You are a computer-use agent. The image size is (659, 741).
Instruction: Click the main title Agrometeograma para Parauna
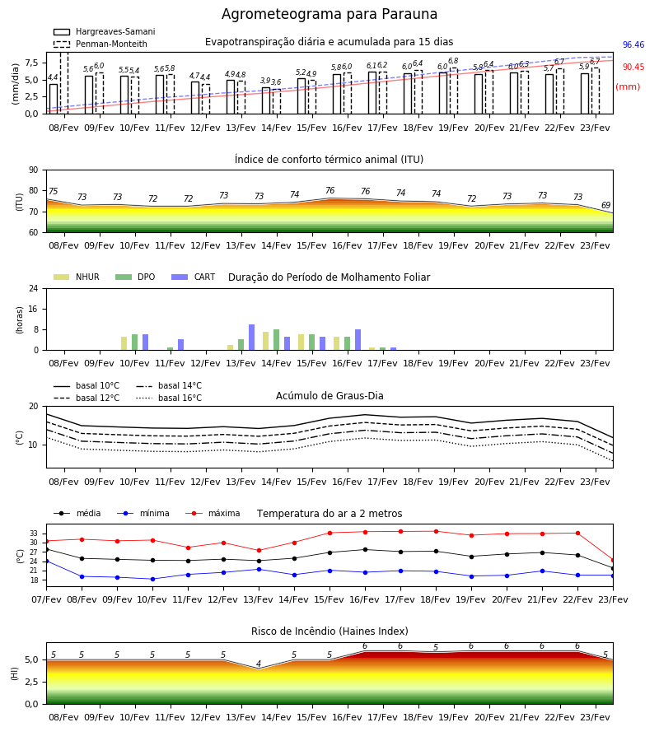(x=329, y=14)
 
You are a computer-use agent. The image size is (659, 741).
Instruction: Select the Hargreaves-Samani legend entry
(x=104, y=31)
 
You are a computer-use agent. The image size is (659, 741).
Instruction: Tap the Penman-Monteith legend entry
(x=100, y=44)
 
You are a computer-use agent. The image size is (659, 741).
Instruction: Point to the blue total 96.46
(x=633, y=45)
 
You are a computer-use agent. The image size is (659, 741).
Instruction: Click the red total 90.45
(x=633, y=68)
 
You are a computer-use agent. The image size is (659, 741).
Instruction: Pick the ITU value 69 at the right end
(x=606, y=205)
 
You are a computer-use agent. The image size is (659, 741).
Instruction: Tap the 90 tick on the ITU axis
(x=34, y=170)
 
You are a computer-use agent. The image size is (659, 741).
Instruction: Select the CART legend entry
(x=193, y=277)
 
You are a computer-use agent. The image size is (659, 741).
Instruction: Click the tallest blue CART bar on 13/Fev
(x=251, y=338)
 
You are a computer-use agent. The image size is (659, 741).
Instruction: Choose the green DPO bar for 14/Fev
(x=276, y=340)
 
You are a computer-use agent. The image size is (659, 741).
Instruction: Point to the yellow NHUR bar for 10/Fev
(x=124, y=343)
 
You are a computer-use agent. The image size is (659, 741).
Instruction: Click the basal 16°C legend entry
(x=169, y=398)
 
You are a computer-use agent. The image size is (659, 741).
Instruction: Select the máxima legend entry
(x=213, y=513)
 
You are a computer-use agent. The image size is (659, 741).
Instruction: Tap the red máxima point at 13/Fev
(x=259, y=551)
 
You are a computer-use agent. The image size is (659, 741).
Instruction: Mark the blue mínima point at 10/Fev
(x=152, y=579)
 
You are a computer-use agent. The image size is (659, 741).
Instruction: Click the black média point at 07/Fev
(x=46, y=550)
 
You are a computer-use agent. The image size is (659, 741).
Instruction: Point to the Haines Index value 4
(x=259, y=664)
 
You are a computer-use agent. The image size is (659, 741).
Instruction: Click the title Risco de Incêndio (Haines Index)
(x=329, y=631)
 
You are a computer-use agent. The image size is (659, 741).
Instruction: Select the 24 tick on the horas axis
(x=34, y=289)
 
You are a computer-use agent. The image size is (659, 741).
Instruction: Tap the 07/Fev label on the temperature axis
(x=46, y=599)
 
